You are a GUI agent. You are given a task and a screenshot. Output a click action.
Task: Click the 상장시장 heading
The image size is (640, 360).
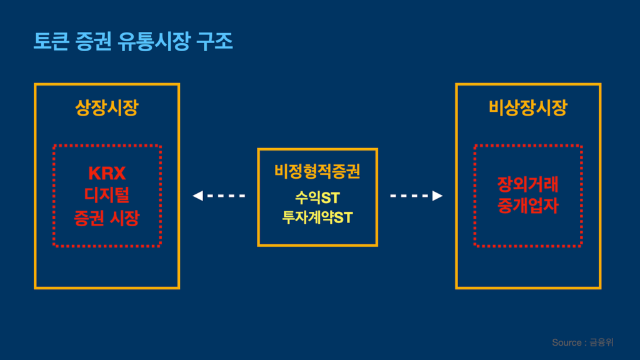106,108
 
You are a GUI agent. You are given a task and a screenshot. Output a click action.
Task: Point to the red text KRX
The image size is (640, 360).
106,173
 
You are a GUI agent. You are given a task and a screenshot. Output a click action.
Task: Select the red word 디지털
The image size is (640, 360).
106,196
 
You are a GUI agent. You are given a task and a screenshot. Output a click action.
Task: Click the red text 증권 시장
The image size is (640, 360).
106,218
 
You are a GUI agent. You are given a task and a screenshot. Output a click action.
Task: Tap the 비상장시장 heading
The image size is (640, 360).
528,108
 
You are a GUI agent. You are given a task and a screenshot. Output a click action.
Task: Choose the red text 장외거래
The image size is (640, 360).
528,184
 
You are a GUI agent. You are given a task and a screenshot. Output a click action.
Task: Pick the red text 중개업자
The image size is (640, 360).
528,206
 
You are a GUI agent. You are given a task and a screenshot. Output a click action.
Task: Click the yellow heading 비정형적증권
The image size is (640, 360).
317,171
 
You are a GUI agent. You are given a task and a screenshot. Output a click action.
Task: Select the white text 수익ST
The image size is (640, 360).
317,198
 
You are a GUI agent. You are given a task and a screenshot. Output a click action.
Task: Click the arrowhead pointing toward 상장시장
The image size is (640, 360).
197,196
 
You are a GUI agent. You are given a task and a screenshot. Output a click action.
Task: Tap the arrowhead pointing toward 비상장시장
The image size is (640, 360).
437,196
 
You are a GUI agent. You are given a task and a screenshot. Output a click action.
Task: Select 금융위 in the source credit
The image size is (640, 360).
602,342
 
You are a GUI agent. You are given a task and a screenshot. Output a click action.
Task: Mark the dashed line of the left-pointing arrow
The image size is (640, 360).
226,196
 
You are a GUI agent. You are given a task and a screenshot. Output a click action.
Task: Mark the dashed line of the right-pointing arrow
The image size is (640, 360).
409,196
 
